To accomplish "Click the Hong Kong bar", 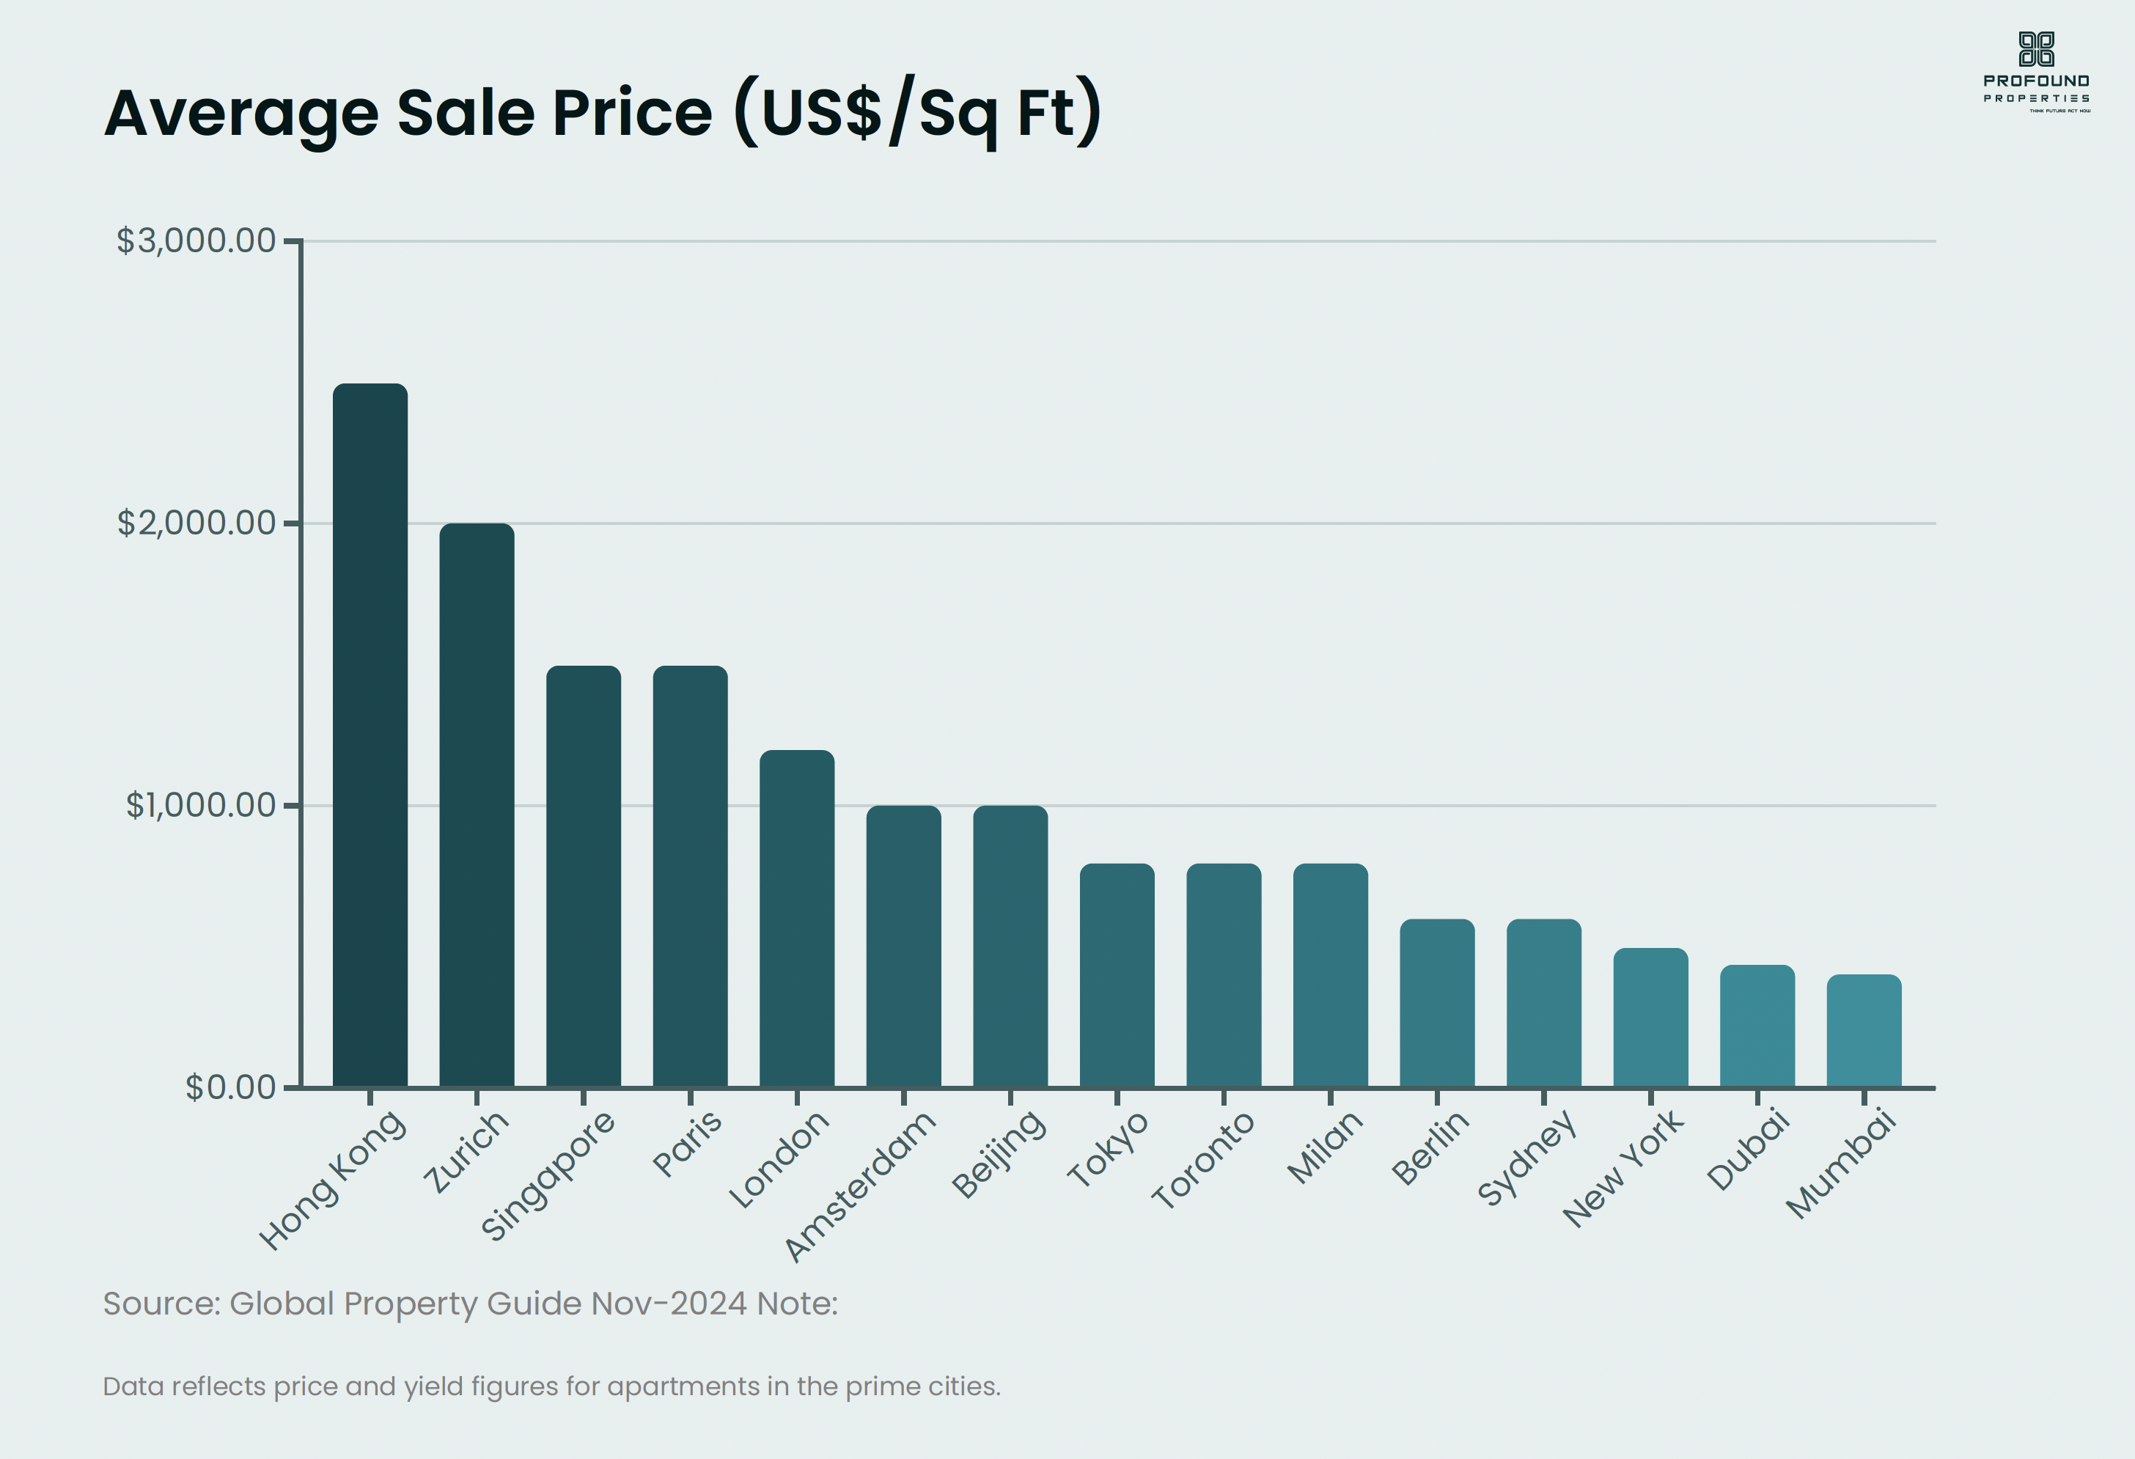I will (370, 735).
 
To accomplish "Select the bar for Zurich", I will (476, 805).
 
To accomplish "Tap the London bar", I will (796, 919).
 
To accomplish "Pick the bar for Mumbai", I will (1863, 1031).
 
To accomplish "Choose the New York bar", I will (1650, 1018).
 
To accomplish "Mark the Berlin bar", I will (1437, 1003).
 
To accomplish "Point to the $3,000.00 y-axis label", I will (196, 240).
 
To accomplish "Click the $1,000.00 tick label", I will (200, 806).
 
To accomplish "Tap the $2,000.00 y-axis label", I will (196, 523).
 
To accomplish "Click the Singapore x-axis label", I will (548, 1176).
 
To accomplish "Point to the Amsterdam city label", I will (859, 1186).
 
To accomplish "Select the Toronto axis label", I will (1202, 1159).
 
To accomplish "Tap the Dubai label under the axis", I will (1748, 1150).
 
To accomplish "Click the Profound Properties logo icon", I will (2036, 48).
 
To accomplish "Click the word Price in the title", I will (631, 113).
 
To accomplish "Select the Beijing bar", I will (1010, 947).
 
